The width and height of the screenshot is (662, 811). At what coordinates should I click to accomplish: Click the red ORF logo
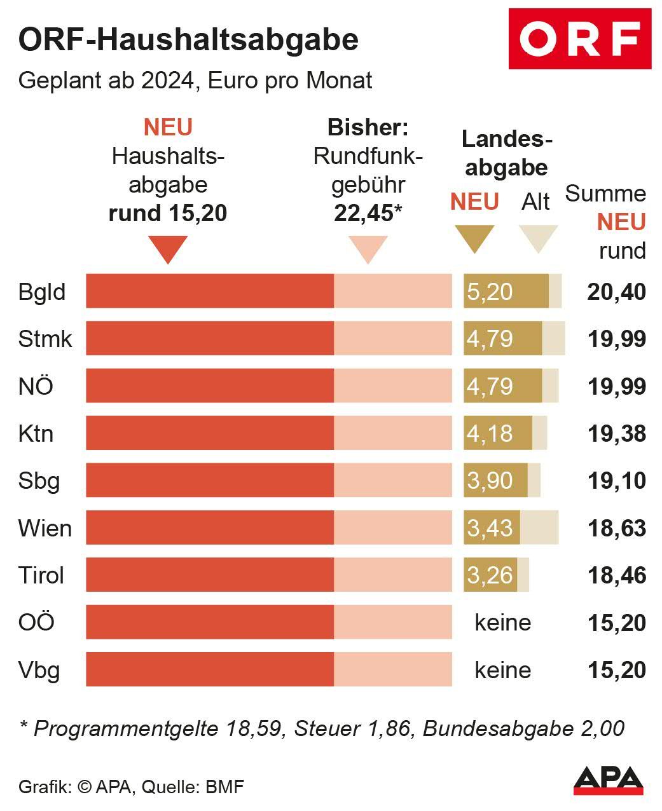(x=579, y=39)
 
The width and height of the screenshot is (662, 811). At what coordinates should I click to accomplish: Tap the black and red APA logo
(x=608, y=780)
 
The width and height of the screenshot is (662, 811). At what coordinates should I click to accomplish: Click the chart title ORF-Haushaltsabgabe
(x=188, y=39)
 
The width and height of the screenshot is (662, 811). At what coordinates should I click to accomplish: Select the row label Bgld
(x=42, y=292)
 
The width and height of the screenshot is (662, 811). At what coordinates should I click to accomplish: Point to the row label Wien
(x=45, y=528)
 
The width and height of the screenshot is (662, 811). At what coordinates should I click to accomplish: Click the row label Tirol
(x=41, y=575)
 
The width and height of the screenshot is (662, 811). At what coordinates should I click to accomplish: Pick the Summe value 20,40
(x=616, y=292)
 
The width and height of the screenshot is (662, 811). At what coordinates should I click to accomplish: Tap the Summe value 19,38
(x=616, y=433)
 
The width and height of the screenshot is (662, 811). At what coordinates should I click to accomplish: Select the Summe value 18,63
(x=616, y=528)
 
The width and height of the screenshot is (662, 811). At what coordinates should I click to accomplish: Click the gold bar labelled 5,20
(x=506, y=292)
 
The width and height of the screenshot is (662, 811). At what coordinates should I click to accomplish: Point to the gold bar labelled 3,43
(x=492, y=528)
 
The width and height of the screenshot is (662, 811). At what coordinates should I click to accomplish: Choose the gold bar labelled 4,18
(x=497, y=433)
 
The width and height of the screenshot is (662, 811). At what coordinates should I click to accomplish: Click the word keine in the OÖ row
(x=502, y=622)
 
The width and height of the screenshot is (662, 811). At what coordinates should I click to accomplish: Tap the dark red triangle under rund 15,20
(x=167, y=249)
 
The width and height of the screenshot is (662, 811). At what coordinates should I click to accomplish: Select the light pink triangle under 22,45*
(x=368, y=249)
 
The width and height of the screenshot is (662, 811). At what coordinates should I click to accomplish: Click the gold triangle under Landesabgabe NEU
(x=474, y=238)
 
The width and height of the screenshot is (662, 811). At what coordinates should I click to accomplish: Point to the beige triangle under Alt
(x=537, y=238)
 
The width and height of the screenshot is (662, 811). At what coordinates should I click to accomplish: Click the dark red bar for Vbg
(x=210, y=669)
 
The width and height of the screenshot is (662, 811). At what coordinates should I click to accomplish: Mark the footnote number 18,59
(x=254, y=728)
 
